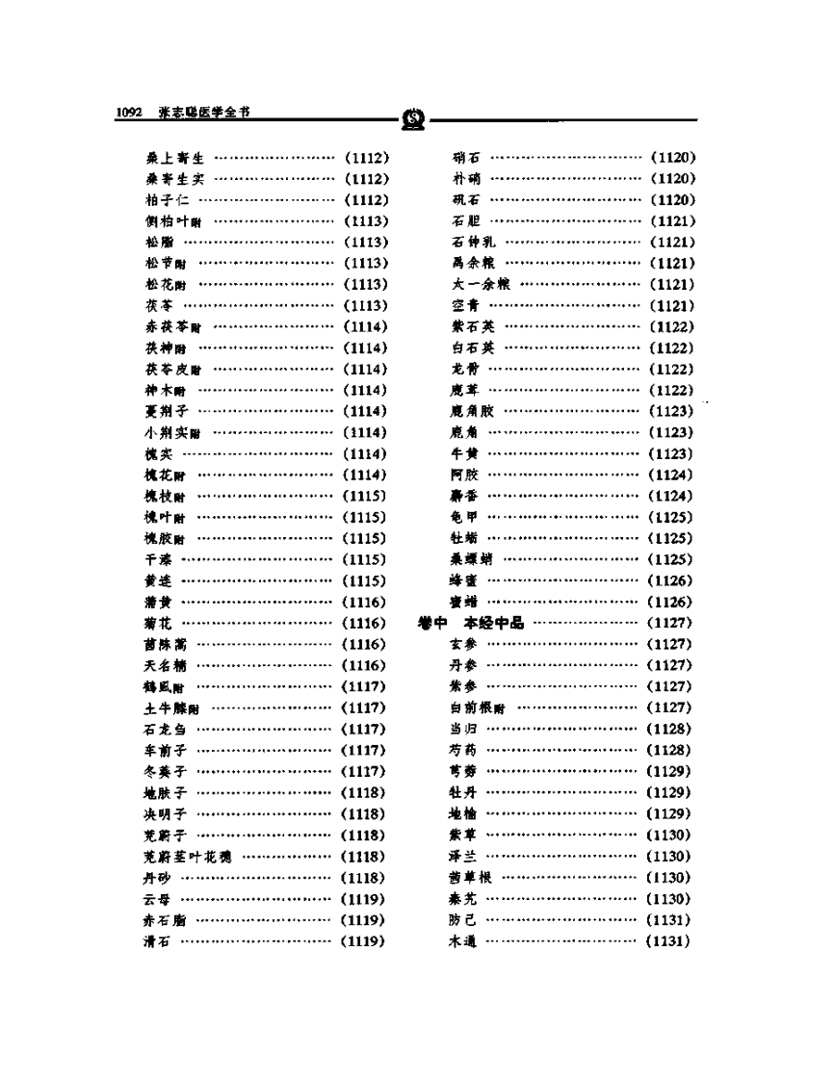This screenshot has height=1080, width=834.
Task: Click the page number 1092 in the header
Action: (129, 113)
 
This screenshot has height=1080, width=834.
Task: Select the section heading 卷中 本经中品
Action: (471, 624)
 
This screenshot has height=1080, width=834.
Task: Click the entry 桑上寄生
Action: (169, 158)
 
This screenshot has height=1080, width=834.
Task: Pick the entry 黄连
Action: (155, 581)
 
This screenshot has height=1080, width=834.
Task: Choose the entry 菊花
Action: (155, 624)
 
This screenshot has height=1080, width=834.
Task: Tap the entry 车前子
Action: (163, 751)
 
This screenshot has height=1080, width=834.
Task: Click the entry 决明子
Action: (163, 814)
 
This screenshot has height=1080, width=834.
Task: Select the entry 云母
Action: (155, 899)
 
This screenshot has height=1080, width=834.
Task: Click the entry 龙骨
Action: (464, 370)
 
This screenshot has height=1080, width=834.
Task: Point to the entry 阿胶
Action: (464, 476)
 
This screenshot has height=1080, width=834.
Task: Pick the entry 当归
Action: (464, 730)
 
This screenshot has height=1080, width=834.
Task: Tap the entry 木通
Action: (464, 941)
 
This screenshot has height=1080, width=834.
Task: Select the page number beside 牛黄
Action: (671, 454)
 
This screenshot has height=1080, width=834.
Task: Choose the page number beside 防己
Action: (671, 920)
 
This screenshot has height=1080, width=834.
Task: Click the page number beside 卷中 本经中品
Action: (671, 624)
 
